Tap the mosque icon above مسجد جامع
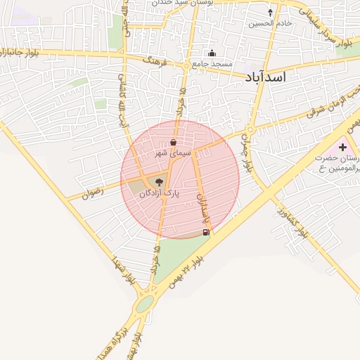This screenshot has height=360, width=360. [x=212, y=53]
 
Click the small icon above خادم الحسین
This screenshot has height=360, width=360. [x=271, y=13]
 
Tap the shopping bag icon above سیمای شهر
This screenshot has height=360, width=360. [x=173, y=142]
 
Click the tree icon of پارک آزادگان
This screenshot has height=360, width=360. [x=159, y=181]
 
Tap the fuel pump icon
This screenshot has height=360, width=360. [x=206, y=232]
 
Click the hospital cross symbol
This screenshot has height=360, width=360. [x=343, y=146]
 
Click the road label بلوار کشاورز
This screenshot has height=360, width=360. [x=292, y=221]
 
